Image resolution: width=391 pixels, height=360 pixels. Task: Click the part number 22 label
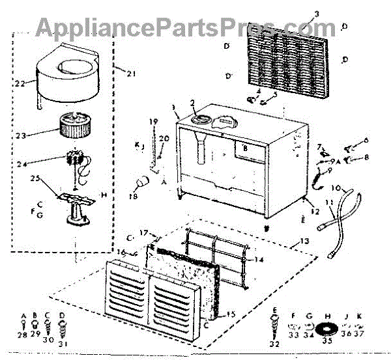point(20,84)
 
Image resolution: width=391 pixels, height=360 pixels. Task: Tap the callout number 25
point(35,178)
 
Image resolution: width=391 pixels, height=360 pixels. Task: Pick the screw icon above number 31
point(63,325)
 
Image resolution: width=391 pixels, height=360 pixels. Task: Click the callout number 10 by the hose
point(336,188)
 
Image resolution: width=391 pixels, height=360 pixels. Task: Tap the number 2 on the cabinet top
point(193,103)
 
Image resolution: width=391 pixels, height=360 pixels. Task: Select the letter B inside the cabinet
point(245,148)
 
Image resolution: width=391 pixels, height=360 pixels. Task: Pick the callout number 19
point(154,122)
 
